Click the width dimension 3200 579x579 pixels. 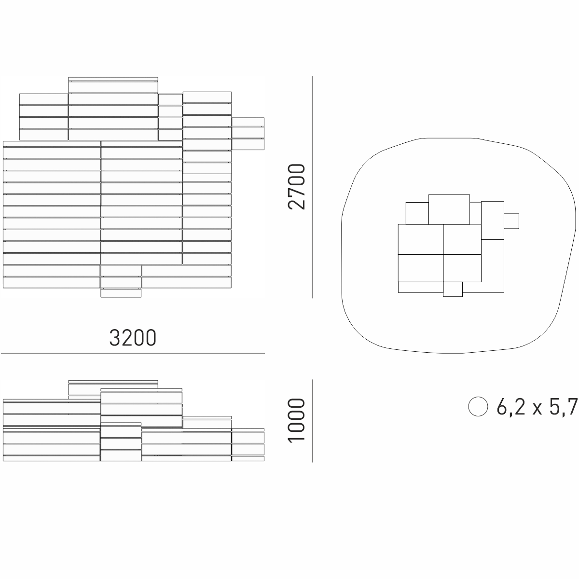point(133,337)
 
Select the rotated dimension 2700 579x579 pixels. point(296,187)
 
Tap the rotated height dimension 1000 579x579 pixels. point(296,420)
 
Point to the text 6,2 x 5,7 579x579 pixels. point(537,407)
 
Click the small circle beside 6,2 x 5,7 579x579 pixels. point(478,407)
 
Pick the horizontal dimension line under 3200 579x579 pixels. point(133,353)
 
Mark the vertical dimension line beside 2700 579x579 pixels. point(312,187)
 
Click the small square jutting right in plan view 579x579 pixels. point(511,221)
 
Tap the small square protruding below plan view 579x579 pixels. point(453,289)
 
